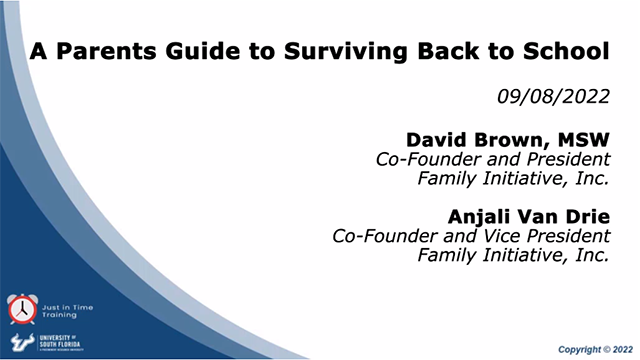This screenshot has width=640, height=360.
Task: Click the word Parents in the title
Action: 91,49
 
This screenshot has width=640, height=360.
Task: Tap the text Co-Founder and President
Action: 492,159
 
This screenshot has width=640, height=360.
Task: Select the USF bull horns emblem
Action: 20,341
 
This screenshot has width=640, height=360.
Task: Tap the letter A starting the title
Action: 36,49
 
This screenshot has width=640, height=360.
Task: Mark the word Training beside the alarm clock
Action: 58,313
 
